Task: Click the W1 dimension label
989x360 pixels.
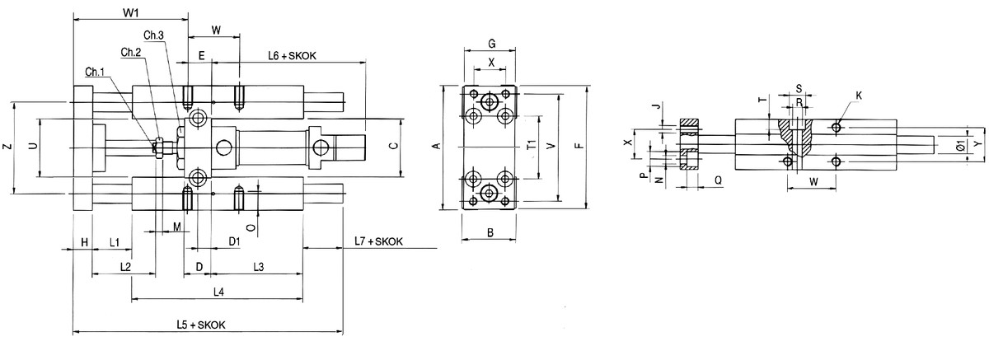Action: pyautogui.click(x=129, y=13)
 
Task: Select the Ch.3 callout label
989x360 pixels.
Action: pyautogui.click(x=154, y=34)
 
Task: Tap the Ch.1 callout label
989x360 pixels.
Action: pyautogui.click(x=95, y=71)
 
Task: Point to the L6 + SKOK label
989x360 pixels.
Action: pyautogui.click(x=293, y=55)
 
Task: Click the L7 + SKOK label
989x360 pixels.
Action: pyautogui.click(x=377, y=241)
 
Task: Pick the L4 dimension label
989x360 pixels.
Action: pyautogui.click(x=218, y=292)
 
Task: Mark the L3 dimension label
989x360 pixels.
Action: pyautogui.click(x=257, y=267)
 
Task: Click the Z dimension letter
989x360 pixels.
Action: pyautogui.click(x=6, y=147)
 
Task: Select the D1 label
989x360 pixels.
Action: pyautogui.click(x=234, y=241)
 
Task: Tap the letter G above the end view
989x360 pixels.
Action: pyautogui.click(x=491, y=42)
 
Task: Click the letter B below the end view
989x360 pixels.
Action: pyautogui.click(x=490, y=233)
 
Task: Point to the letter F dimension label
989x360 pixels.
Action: pyautogui.click(x=579, y=147)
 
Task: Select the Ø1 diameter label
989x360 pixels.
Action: pyautogui.click(x=961, y=146)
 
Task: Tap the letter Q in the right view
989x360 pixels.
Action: pyautogui.click(x=718, y=179)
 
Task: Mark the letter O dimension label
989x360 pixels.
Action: pyautogui.click(x=251, y=222)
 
